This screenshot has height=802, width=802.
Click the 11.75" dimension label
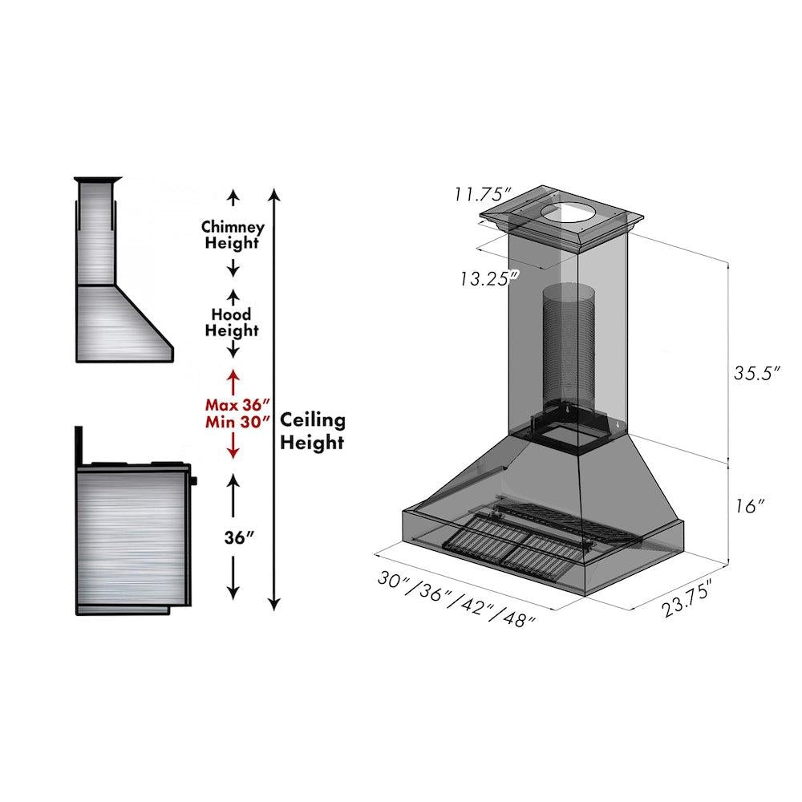(x=483, y=195)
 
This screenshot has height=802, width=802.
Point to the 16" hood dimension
(x=749, y=507)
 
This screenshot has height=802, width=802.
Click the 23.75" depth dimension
(x=687, y=601)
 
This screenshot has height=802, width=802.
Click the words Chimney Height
(x=233, y=235)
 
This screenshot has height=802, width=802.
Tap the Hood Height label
(x=232, y=322)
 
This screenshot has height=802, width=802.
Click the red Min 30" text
(x=236, y=423)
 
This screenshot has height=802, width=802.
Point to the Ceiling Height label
(x=313, y=431)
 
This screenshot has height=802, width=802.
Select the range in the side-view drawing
(x=132, y=533)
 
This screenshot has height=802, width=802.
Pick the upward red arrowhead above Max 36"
(x=233, y=375)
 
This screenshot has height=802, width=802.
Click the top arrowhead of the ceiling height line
(x=274, y=193)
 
